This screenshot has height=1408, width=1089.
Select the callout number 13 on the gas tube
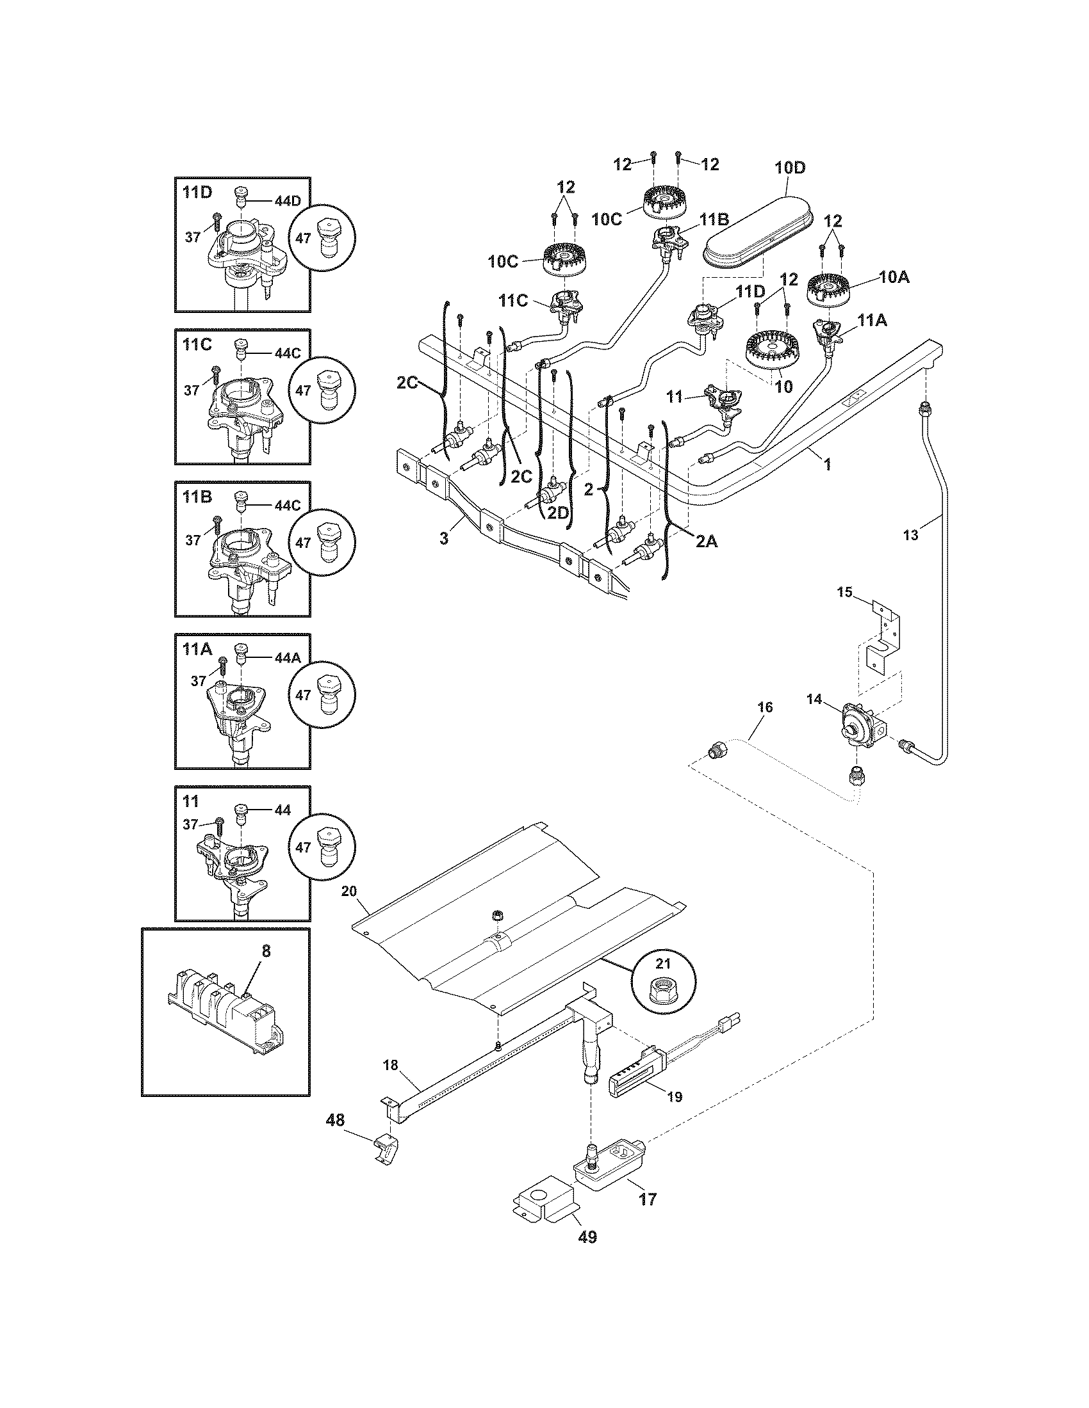[x=910, y=535]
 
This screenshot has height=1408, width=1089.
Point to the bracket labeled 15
[x=885, y=638]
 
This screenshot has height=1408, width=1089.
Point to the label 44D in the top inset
[x=288, y=201]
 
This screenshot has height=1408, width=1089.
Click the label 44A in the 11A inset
[x=288, y=658]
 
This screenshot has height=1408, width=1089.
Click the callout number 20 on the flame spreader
[x=367, y=892]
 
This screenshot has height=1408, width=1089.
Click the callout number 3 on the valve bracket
[x=443, y=538]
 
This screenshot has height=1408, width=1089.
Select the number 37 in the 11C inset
[x=192, y=390]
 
